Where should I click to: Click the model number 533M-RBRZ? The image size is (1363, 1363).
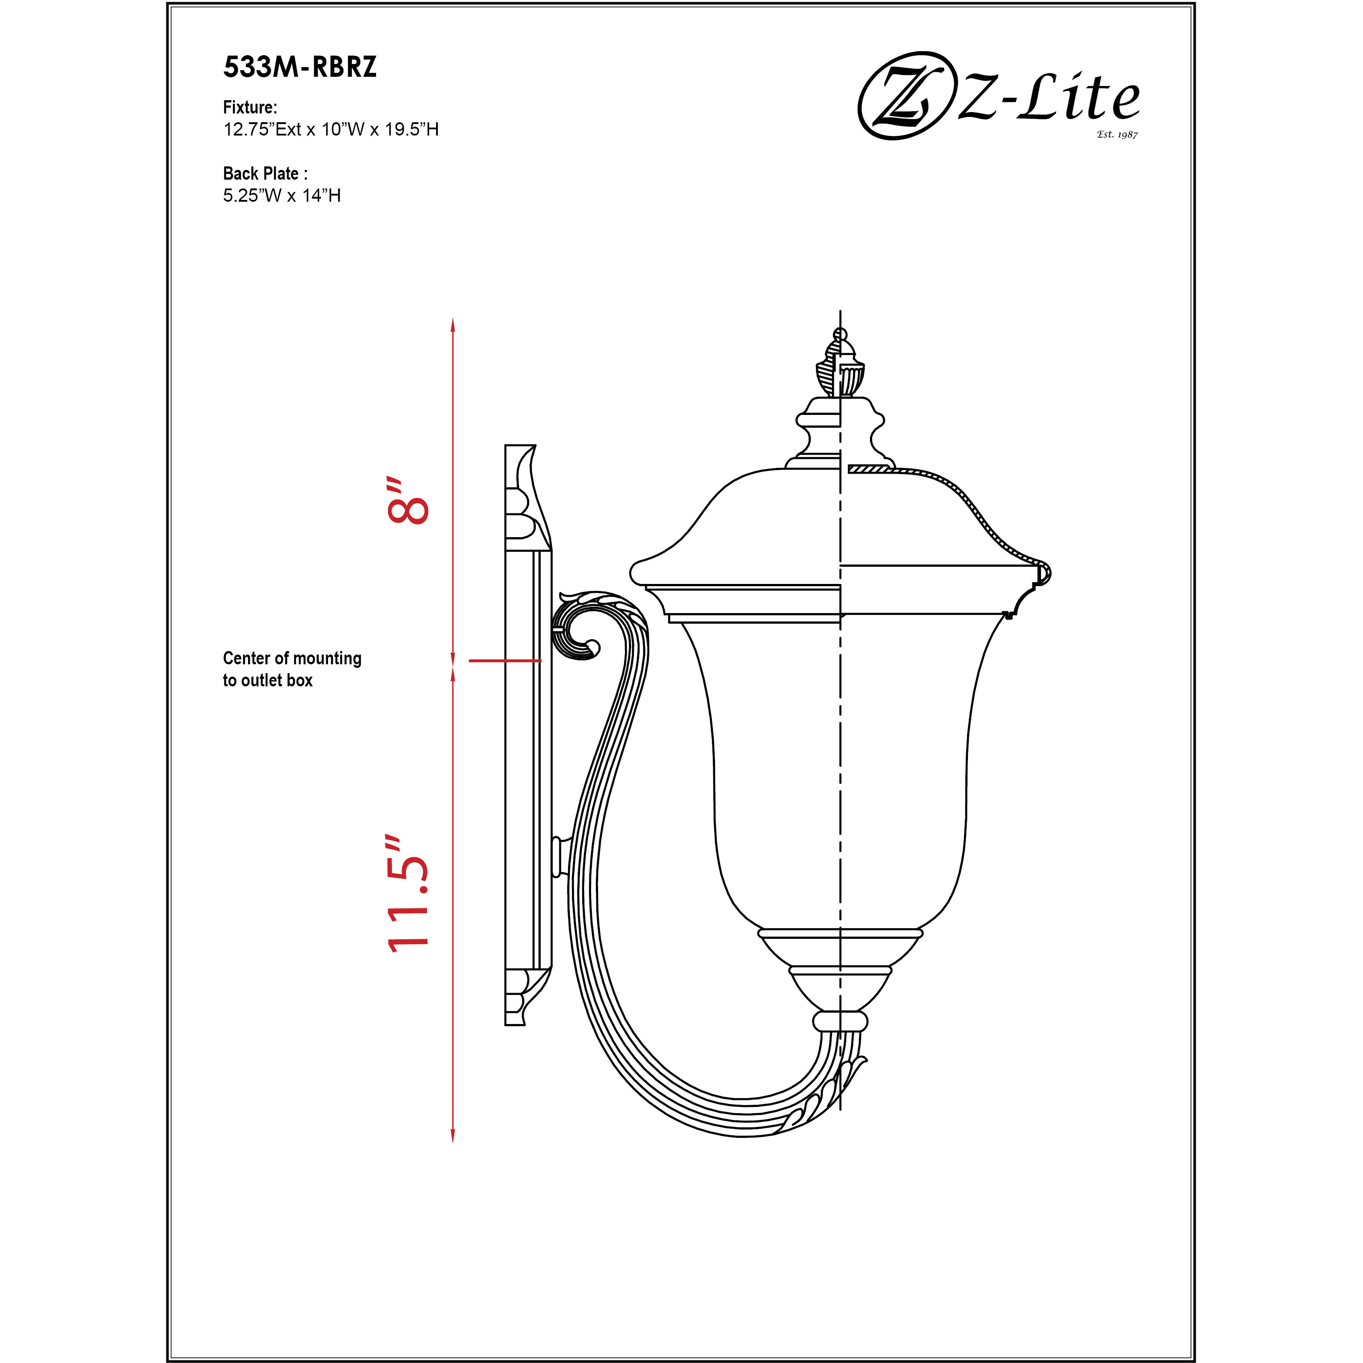(x=300, y=67)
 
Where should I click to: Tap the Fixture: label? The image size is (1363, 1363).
(x=250, y=107)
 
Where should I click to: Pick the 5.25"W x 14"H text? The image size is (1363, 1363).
(x=282, y=196)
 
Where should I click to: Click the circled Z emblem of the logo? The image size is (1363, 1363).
(x=904, y=96)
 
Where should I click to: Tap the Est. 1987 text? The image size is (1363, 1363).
(x=1117, y=134)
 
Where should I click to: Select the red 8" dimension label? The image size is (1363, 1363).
(x=408, y=501)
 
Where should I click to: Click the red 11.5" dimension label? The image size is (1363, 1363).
(x=408, y=895)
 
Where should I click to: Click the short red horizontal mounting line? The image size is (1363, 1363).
(x=505, y=661)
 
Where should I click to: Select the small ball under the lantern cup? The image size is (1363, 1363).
(x=840, y=1021)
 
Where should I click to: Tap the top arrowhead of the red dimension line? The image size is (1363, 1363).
(x=453, y=325)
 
